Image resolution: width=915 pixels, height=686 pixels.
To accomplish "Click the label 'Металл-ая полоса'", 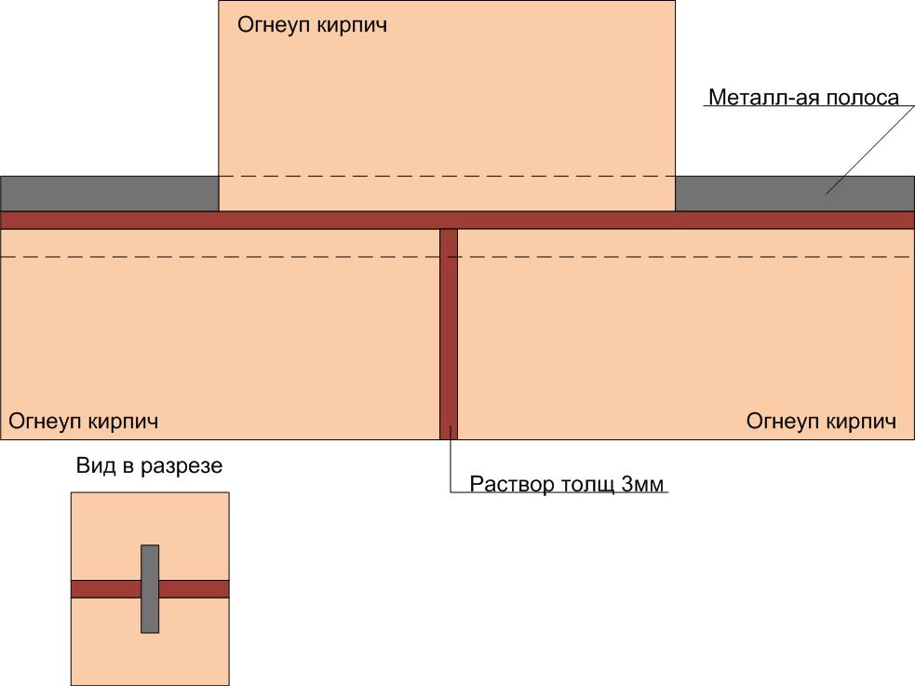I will (x=803, y=98).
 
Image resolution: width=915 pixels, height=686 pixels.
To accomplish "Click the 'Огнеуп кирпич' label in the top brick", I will (x=312, y=24).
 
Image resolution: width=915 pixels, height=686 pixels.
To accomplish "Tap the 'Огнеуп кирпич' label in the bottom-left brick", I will (x=84, y=421).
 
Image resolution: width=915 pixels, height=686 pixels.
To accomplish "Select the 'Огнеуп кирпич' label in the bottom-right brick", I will (x=821, y=421).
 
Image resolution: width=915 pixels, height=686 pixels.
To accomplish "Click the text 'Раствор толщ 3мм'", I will (x=569, y=484).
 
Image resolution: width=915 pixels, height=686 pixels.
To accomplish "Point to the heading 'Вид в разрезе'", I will (x=149, y=465).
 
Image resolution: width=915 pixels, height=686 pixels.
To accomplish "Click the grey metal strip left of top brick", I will (x=109, y=194).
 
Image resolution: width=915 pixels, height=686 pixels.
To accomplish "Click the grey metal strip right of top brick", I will (x=794, y=194).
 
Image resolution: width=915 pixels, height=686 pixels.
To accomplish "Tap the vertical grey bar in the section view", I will (x=150, y=614).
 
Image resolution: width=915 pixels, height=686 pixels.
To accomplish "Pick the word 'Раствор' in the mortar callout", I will (x=511, y=484).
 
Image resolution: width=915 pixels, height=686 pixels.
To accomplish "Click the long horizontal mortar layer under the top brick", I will (x=279, y=220).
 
